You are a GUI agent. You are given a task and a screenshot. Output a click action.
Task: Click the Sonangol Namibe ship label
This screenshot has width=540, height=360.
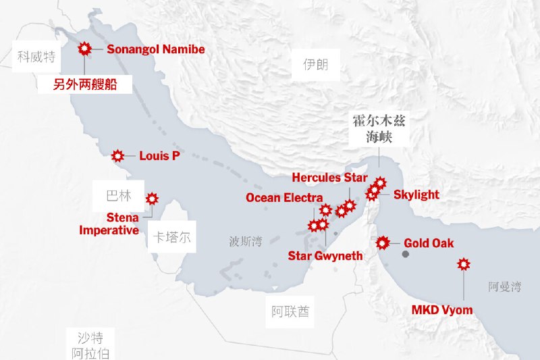click(155, 49)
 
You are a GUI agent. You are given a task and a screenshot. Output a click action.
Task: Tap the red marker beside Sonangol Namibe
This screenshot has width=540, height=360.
click(85, 49)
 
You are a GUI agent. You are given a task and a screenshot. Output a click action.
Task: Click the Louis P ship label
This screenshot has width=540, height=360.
click(159, 156)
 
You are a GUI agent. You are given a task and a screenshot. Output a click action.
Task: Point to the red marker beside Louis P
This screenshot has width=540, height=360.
click(117, 156)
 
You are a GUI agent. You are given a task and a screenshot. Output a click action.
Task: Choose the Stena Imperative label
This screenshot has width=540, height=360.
click(110, 224)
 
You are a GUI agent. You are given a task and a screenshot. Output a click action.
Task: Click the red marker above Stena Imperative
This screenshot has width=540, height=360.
click(152, 199)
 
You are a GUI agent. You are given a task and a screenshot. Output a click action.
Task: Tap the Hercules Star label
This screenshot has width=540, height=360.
click(329, 178)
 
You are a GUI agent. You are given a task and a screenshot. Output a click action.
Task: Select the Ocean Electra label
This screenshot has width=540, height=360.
click(284, 198)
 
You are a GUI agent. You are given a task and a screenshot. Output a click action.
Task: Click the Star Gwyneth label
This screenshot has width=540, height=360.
click(325, 256)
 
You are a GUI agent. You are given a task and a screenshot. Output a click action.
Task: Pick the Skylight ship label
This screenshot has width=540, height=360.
click(416, 195)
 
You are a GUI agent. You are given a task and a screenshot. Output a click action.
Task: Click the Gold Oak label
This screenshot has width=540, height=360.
click(429, 243)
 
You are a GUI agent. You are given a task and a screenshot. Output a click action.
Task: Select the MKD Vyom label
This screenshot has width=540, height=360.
click(442, 310)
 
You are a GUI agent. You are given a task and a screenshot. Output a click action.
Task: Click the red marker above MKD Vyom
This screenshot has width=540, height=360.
click(464, 264)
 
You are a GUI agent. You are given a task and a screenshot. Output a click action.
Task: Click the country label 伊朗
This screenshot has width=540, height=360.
click(315, 65)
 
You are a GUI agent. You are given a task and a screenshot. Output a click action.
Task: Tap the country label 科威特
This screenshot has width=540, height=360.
click(36, 55)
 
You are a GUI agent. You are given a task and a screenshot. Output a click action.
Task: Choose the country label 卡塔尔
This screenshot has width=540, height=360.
click(171, 238)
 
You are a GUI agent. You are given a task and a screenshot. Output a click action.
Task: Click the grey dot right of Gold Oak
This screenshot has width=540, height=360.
click(406, 255)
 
